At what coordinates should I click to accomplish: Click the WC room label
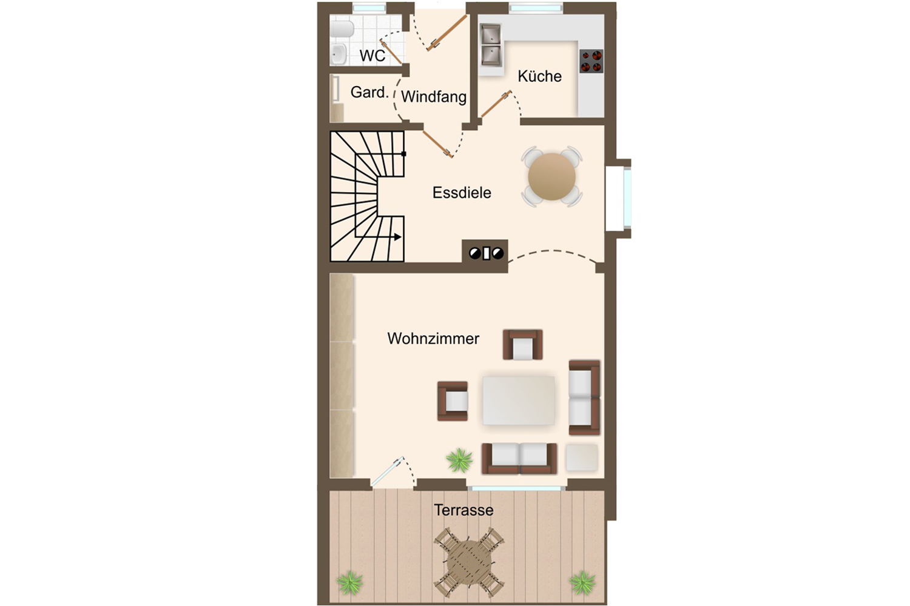(372, 56)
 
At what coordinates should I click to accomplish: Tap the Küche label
(539, 76)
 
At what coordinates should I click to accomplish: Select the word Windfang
(434, 96)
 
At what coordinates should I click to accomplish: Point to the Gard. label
(369, 93)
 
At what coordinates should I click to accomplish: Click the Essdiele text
(462, 192)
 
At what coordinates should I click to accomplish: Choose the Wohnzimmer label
(433, 339)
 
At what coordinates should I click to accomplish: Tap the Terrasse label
(463, 510)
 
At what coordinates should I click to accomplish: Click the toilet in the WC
(342, 29)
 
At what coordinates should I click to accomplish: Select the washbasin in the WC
(338, 55)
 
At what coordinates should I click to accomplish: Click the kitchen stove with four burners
(591, 61)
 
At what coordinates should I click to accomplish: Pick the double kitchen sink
(491, 45)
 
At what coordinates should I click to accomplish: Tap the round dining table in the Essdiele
(551, 176)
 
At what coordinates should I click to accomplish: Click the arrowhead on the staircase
(398, 236)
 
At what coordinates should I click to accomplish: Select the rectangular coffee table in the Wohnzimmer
(518, 401)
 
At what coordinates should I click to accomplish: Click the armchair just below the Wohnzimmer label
(522, 345)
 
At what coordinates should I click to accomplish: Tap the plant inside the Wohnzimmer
(459, 461)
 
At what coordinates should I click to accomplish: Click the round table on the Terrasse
(469, 562)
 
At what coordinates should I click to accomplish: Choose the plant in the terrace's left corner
(350, 583)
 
